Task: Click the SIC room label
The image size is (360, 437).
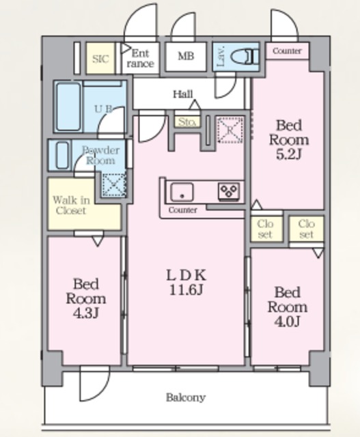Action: [x=100, y=59]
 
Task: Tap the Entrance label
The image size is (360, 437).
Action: [x=140, y=59]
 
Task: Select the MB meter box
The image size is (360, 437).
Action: [x=186, y=56]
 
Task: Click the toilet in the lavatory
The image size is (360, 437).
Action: [x=245, y=57]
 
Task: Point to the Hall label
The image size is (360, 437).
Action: [x=183, y=94]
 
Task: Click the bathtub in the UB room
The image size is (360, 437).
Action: [x=68, y=107]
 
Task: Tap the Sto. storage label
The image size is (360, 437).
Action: [x=187, y=122]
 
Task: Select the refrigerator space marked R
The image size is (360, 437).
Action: [x=230, y=130]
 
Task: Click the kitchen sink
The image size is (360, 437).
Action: [x=182, y=192]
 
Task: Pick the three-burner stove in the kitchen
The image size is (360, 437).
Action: [x=229, y=191]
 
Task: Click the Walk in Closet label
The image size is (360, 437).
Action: [x=71, y=205]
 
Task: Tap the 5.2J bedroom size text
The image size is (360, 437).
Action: [x=288, y=155]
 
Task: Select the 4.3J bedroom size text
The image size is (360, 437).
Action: [x=86, y=313]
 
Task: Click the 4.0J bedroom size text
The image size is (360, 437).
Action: [x=287, y=322]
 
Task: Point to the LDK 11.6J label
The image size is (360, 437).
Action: [x=186, y=283]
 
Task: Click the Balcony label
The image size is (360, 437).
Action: [x=186, y=397]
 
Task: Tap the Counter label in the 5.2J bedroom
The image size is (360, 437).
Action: [x=287, y=51]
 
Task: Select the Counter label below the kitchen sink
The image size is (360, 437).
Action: [x=182, y=210]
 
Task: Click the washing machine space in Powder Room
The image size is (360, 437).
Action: [x=114, y=184]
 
